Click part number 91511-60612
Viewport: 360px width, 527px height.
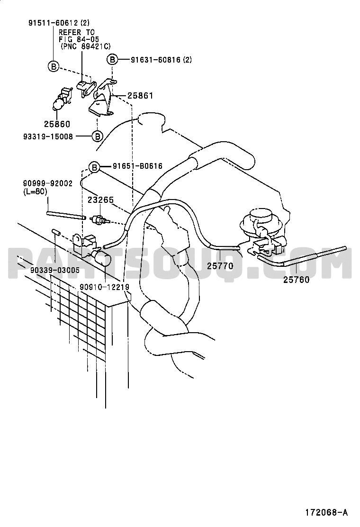pyautogui.click(x=53, y=23)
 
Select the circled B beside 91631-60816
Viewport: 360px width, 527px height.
pyautogui.click(x=112, y=60)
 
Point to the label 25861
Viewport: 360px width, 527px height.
pyautogui.click(x=140, y=96)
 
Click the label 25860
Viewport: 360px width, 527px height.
pyautogui.click(x=57, y=124)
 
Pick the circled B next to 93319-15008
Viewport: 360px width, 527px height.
pyautogui.click(x=97, y=136)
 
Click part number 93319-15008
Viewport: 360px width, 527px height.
pyautogui.click(x=48, y=136)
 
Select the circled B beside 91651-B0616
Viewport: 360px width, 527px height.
pyautogui.click(x=94, y=167)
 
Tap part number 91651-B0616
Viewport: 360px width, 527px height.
pyautogui.click(x=138, y=166)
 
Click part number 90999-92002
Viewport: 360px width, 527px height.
pyautogui.click(x=48, y=183)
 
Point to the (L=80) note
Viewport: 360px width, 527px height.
pyautogui.click(x=35, y=191)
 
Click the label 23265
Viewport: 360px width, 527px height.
pyautogui.click(x=101, y=200)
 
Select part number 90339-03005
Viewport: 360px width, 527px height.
pyautogui.click(x=55, y=270)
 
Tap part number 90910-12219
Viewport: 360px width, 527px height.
pyautogui.click(x=104, y=287)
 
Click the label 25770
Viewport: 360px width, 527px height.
pyautogui.click(x=220, y=266)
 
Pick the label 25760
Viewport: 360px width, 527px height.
pyautogui.click(x=296, y=280)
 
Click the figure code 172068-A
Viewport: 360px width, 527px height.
pyautogui.click(x=326, y=513)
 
